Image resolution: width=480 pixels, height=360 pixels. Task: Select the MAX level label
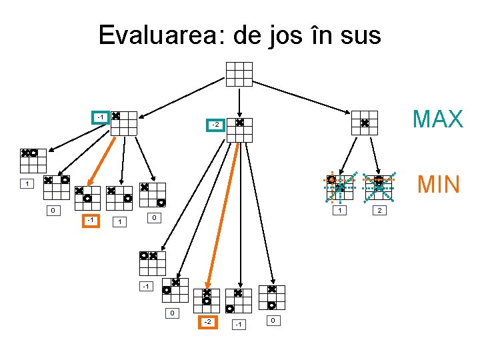437,119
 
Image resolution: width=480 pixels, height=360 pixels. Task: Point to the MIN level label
437,183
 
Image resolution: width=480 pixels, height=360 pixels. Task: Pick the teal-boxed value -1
100,118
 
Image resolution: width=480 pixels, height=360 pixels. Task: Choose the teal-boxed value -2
215,125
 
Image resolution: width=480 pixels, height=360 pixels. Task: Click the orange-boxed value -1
90,221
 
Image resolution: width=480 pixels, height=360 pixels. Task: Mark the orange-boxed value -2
208,323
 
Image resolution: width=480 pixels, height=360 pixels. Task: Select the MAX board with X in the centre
365,123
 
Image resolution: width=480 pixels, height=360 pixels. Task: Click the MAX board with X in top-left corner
124,123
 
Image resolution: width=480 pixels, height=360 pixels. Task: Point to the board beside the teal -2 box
239,131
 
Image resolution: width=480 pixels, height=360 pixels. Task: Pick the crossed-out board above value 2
378,187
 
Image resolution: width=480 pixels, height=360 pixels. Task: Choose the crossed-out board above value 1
339,187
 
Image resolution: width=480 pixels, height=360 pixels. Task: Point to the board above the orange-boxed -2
207,301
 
